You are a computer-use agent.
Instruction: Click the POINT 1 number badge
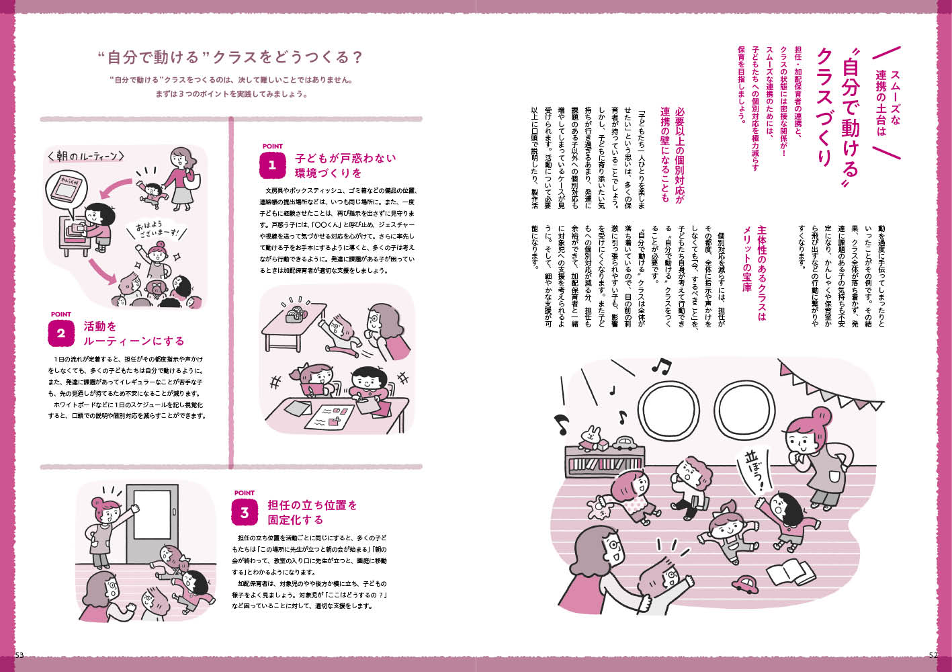pyautogui.click(x=272, y=165)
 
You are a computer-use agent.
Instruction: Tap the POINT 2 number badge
pyautogui.click(x=61, y=333)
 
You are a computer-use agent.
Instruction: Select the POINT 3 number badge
pyautogui.click(x=245, y=512)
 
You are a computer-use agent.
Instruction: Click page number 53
pyautogui.click(x=19, y=655)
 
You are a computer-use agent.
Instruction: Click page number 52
pyautogui.click(x=933, y=655)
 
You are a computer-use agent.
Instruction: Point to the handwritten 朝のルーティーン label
pyautogui.click(x=86, y=157)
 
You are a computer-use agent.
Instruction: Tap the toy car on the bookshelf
pyautogui.click(x=623, y=442)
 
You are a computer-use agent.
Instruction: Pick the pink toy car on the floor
pyautogui.click(x=744, y=585)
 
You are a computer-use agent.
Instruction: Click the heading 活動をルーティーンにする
pyautogui.click(x=134, y=334)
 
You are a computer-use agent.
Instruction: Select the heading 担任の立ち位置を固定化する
pyautogui.click(x=312, y=512)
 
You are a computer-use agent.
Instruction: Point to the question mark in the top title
pyautogui.click(x=357, y=57)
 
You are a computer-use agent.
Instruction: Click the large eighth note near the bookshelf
pyautogui.click(x=561, y=424)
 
